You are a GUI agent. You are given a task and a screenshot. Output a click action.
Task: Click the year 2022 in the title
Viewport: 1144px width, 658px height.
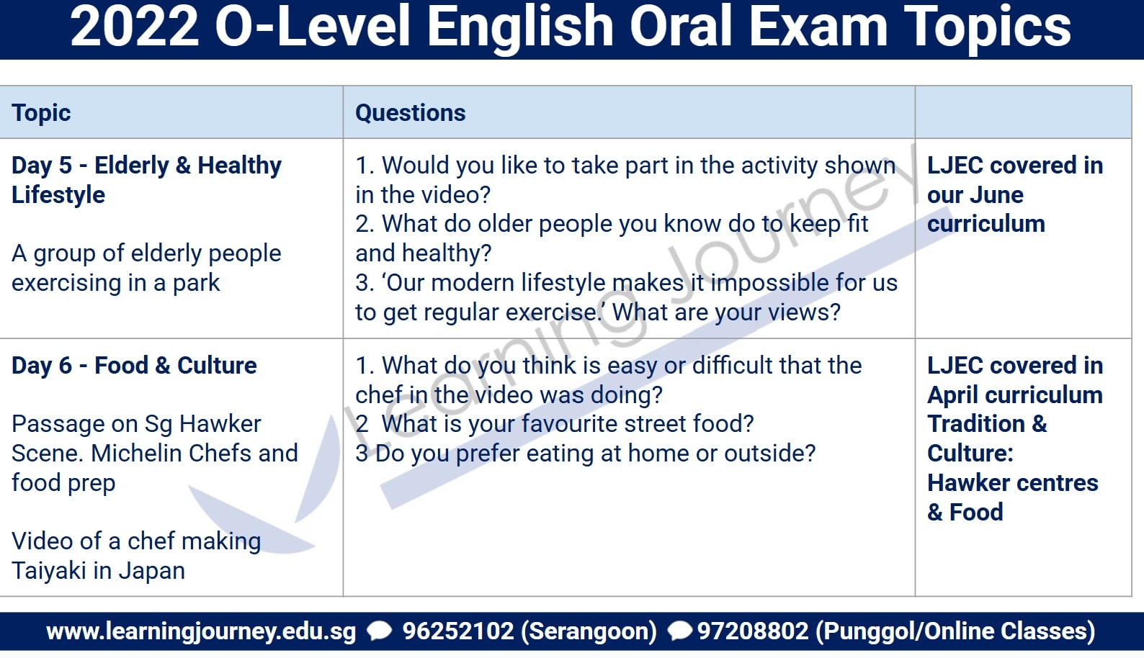coord(134,27)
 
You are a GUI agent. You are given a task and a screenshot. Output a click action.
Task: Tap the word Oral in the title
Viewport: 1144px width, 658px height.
coord(682,27)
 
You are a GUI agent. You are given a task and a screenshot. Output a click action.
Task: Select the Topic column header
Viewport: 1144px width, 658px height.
coord(41,113)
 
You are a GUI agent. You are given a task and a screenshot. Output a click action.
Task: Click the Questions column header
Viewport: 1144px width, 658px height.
coord(410,113)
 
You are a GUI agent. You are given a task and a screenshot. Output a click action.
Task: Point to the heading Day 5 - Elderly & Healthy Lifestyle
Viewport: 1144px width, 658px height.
coord(146,180)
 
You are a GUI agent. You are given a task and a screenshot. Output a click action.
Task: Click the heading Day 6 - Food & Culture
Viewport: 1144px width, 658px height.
coord(134,366)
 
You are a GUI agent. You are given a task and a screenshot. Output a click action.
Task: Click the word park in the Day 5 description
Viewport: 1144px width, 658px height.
coord(196,284)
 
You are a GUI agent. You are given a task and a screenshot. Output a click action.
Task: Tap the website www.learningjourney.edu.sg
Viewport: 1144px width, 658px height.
coord(201,631)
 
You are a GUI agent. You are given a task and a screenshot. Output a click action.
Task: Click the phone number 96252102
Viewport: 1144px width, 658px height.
coord(457,631)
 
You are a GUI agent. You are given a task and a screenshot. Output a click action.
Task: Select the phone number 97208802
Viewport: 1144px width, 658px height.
coord(753,631)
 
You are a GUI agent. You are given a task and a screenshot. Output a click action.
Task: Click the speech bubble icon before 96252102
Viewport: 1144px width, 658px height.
coord(380,631)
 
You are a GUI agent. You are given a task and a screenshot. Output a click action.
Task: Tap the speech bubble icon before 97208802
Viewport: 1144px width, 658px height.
coord(680,631)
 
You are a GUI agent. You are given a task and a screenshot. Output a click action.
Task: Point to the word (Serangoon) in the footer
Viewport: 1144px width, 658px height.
coord(589,631)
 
